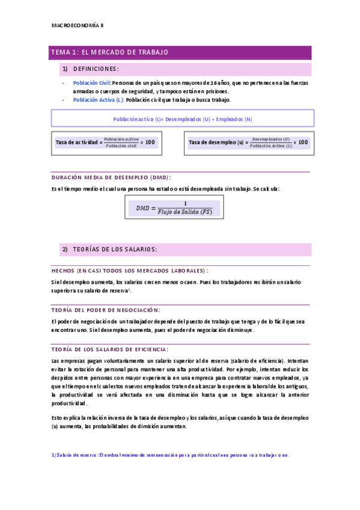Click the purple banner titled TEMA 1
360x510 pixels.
pos(181,52)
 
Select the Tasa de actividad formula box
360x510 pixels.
pos(106,143)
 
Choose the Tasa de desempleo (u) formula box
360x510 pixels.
pos(249,143)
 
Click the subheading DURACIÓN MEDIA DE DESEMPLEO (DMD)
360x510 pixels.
pos(112,177)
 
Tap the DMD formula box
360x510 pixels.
pos(174,207)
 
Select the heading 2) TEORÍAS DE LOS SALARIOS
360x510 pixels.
pos(115,249)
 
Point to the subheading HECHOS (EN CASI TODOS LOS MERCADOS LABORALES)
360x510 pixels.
pos(130,271)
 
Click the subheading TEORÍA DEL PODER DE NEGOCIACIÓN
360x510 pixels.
pos(106,310)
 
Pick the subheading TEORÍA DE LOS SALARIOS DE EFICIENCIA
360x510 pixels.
pos(110,349)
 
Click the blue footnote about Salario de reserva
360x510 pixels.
pos(171,455)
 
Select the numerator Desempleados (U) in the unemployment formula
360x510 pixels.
pos(270,139)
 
